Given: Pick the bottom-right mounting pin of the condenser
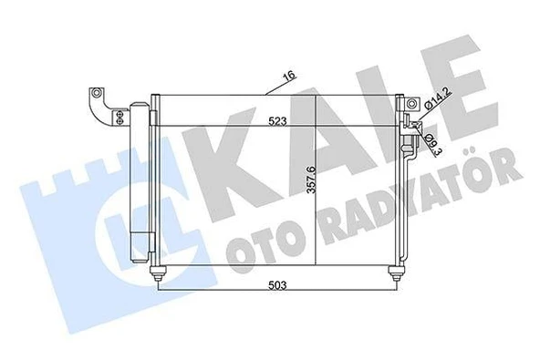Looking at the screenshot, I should tap(394, 271).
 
